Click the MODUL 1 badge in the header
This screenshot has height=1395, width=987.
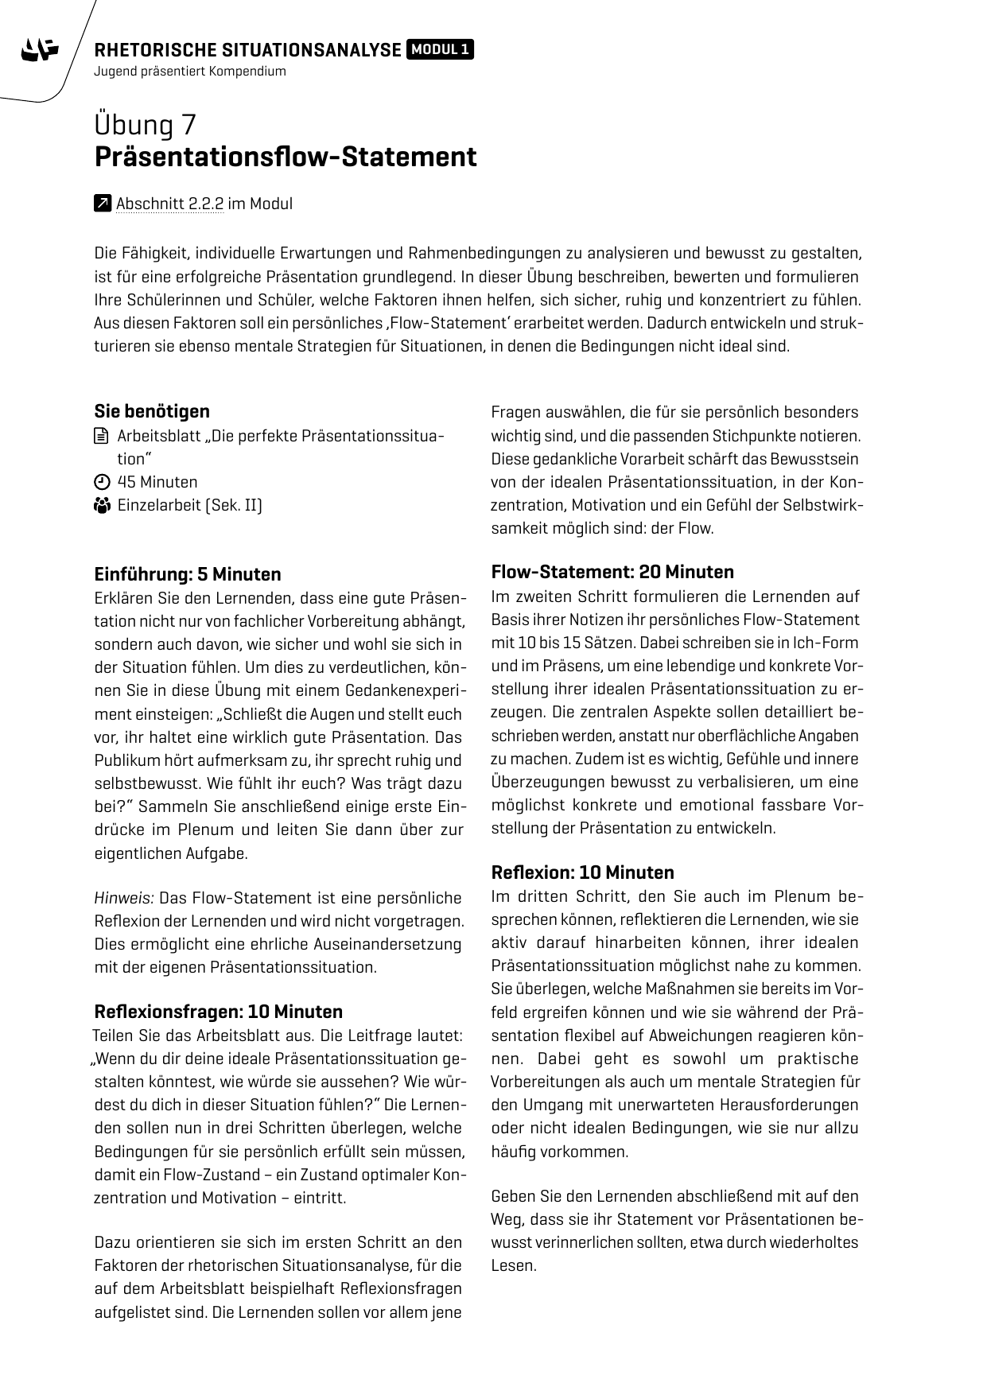(440, 50)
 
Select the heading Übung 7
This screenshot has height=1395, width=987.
(145, 125)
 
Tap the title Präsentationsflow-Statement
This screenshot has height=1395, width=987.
(286, 157)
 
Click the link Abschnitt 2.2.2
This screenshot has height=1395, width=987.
(169, 204)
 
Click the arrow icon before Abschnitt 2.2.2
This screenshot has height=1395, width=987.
(102, 204)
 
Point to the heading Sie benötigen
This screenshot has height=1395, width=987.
(152, 411)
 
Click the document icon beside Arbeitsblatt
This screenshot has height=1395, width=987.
(101, 436)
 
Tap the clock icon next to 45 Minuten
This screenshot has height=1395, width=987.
(101, 482)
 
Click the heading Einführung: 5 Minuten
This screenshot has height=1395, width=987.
(188, 574)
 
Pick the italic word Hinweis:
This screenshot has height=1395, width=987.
(124, 898)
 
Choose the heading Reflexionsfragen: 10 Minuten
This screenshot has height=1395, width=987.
(219, 1012)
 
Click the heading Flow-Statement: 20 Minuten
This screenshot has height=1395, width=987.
(612, 572)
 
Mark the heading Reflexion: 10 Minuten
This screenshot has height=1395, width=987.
(582, 872)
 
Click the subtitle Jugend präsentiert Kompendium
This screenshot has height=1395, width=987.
(189, 71)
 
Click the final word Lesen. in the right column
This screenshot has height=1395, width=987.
(514, 1265)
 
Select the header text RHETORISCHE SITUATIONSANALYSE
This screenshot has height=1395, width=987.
(247, 50)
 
